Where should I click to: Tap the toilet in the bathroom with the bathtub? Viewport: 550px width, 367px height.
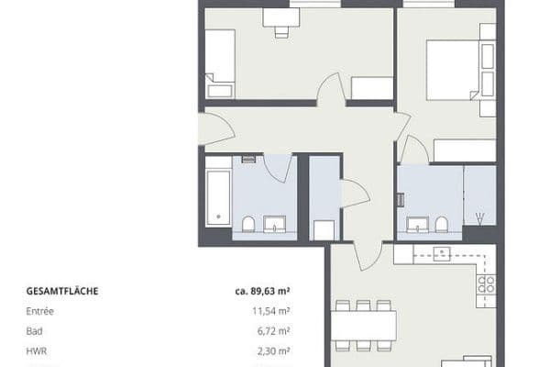coord(248,225)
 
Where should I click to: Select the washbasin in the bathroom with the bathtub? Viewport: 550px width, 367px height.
coord(275,225)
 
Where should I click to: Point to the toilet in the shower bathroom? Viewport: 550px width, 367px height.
coord(442,225)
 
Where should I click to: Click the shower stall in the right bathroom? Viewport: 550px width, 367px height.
coord(479,196)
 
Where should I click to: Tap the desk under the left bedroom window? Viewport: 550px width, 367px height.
coord(280,17)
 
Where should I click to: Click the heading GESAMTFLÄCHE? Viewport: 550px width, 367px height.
coord(63,293)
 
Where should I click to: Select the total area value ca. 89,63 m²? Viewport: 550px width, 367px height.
coord(263,293)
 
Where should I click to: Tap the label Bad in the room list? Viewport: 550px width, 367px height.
coord(35,332)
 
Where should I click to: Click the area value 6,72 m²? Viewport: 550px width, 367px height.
coord(275,332)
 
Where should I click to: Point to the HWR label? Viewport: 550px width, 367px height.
coord(38,351)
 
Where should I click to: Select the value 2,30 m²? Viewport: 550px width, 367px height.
coord(275,351)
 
